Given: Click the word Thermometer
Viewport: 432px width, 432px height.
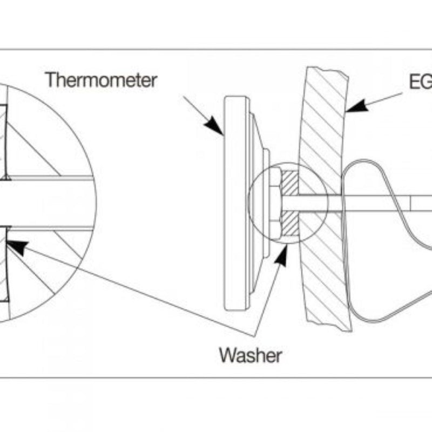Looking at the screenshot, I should point(101,80).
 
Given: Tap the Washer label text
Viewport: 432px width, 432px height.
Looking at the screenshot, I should point(250,355).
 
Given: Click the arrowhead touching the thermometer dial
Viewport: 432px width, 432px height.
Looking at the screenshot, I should point(214,125).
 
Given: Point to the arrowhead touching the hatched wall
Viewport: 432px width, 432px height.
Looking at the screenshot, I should point(357,106).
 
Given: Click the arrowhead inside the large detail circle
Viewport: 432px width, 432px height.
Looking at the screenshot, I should point(17,247).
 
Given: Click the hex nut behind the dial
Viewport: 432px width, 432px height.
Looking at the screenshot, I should point(274,202).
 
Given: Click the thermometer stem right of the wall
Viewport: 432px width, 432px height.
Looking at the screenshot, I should point(378,203).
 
